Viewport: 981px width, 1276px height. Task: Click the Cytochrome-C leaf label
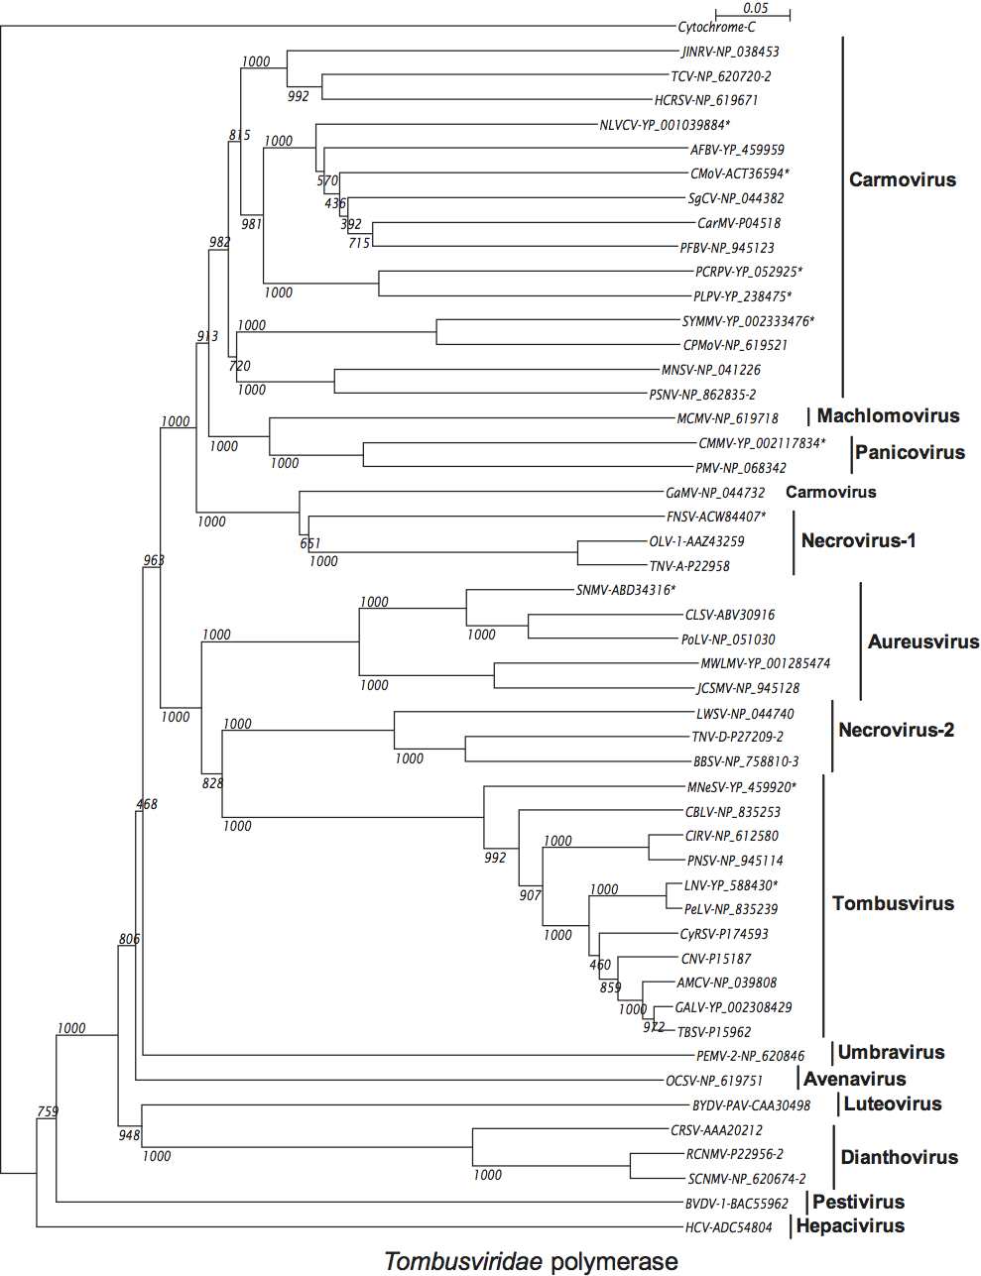pos(716,27)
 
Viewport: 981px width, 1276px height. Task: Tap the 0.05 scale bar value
pos(756,8)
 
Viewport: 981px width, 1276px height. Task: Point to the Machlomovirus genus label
pos(888,416)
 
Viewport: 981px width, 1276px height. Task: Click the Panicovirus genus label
pos(910,453)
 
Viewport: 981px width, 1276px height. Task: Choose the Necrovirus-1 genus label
pos(858,541)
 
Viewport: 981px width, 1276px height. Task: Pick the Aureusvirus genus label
pos(922,642)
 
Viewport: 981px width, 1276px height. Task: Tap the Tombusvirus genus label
pos(893,904)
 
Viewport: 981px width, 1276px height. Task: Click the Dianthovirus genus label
pos(899,1158)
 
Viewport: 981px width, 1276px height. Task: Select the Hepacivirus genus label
pos(850,1226)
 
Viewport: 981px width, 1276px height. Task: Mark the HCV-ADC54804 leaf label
pos(728,1227)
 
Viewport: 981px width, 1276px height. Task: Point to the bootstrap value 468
pos(147,804)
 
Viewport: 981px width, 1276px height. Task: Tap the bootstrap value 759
pos(48,1112)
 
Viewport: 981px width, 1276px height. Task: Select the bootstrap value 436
pos(335,203)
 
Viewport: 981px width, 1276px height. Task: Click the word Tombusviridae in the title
pos(463,1261)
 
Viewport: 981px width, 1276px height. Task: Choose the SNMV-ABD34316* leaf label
pos(625,591)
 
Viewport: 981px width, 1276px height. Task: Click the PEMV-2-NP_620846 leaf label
pos(750,1057)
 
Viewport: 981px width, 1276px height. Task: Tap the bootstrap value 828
pos(212,783)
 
